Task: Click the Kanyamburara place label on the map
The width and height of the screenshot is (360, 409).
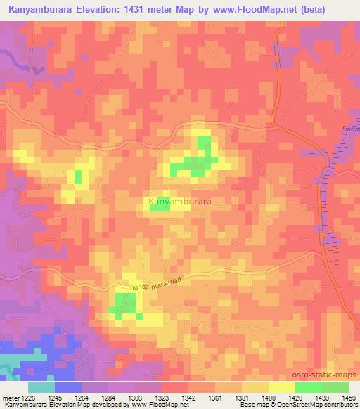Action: click(181, 202)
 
